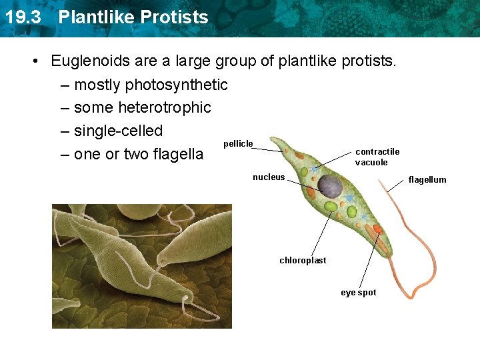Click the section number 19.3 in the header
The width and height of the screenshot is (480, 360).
tap(23, 17)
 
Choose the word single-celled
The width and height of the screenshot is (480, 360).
tap(118, 131)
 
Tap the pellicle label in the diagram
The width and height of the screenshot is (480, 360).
tap(238, 144)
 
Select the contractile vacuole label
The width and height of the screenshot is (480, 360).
tap(377, 157)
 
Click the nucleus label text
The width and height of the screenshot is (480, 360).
tap(269, 177)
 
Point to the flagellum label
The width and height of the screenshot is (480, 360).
tap(427, 180)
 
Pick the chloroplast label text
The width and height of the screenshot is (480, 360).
tap(303, 260)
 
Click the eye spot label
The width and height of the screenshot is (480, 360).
tap(359, 293)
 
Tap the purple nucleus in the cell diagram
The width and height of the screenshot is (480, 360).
tap(330, 186)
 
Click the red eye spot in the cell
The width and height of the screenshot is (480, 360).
tap(378, 229)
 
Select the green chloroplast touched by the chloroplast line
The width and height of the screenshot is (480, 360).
tap(331, 207)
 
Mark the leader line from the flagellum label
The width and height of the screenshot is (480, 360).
tap(395, 186)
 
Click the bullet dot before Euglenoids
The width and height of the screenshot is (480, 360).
tap(36, 61)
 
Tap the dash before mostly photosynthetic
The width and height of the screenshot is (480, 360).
tap(65, 86)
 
